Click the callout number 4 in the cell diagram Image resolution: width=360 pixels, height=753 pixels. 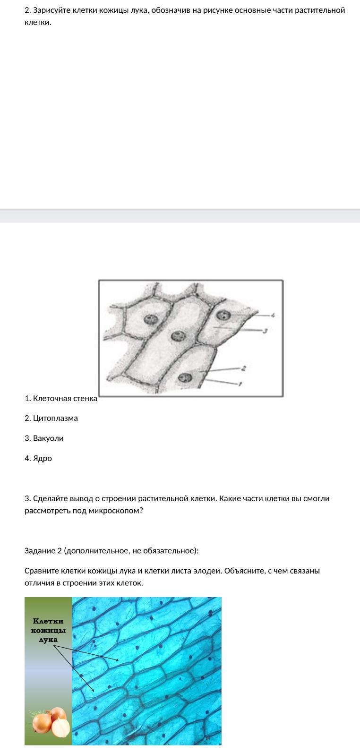coord(273,315)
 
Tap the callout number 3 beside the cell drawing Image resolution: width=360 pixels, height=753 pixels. coord(265,331)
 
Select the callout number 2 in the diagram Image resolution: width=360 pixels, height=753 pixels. coord(244,368)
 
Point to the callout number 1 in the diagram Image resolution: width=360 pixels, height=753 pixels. coord(240,384)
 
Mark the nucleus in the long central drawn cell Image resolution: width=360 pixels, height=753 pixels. coord(178,336)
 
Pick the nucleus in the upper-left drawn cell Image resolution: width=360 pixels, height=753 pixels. coord(151,319)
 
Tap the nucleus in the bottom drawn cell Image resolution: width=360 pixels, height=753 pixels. coord(185,377)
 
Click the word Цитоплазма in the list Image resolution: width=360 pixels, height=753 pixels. coord(55,418)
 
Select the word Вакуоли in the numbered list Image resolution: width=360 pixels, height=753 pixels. coord(48,438)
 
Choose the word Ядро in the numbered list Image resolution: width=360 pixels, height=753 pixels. coord(43,458)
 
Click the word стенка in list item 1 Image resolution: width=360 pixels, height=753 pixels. coord(85,398)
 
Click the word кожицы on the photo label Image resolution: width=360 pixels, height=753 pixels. coord(48,630)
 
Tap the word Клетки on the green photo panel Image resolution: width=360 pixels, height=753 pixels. coord(48,621)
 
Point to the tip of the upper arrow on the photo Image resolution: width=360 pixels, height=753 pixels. coord(119,660)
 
